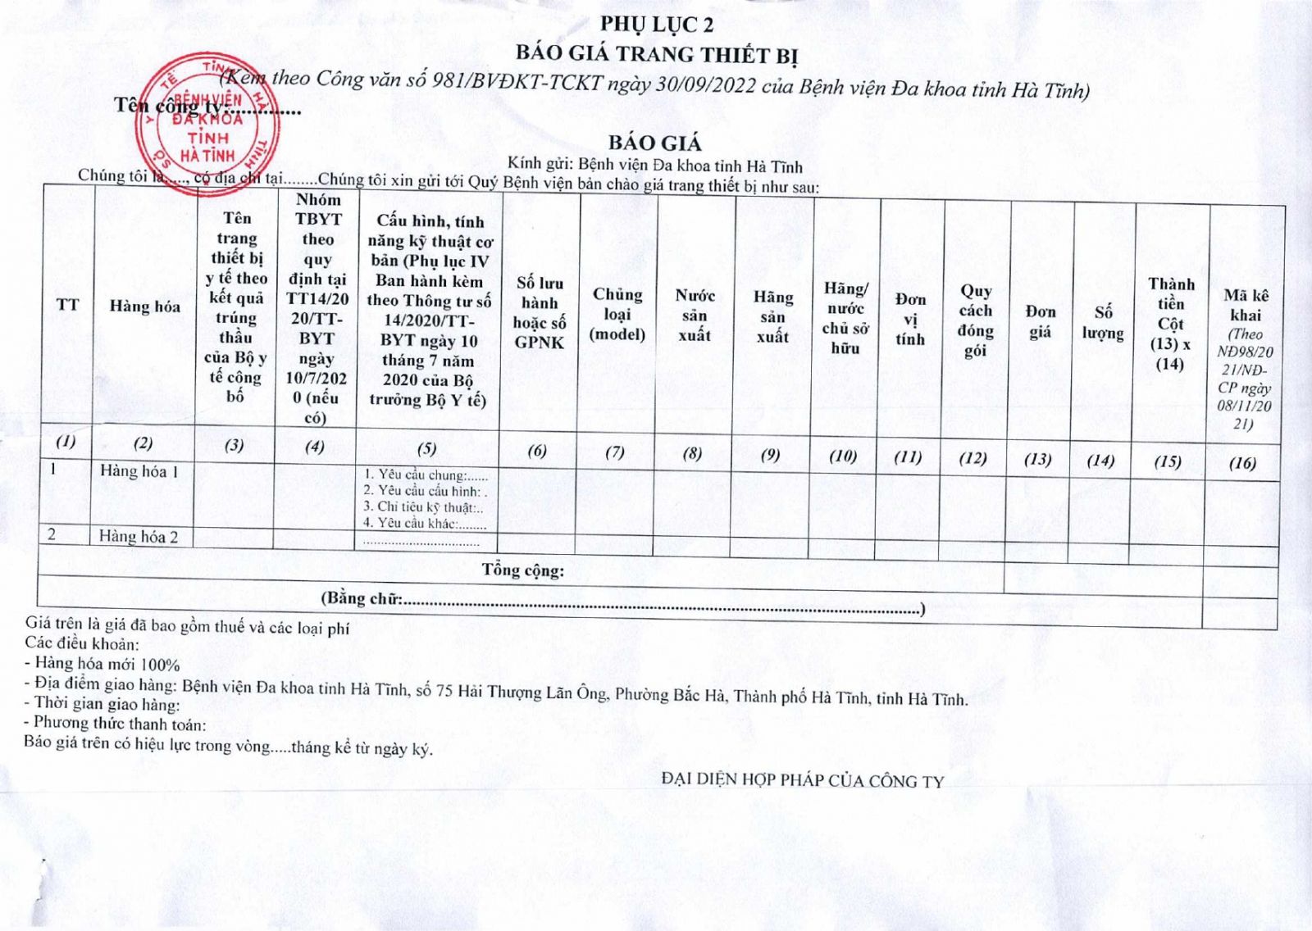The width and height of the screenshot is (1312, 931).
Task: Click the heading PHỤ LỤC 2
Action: coord(656,25)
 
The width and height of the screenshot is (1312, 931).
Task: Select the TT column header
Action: coord(68,306)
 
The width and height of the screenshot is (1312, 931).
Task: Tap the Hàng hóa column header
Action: coord(145,307)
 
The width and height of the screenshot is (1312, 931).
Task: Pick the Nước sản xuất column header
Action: coord(695,316)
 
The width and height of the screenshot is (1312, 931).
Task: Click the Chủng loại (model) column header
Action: coord(617,314)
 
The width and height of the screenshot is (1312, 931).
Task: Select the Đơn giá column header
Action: coord(1040,321)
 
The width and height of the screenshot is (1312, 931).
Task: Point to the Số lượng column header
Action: coord(1103,323)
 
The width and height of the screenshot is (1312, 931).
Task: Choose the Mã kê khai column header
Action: coord(1246,358)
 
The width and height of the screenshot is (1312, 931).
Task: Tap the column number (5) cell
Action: coord(426,448)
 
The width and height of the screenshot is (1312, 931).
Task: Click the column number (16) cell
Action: coord(1242,463)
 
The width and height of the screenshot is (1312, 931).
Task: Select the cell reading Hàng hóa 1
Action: coord(139,471)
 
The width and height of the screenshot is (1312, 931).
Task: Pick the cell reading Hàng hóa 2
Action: coord(139,537)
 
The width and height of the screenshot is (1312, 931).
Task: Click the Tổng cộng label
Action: coord(523,570)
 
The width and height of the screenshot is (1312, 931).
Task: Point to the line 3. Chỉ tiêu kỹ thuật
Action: coord(423,507)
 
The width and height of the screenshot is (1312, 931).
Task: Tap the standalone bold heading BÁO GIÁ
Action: coord(654,143)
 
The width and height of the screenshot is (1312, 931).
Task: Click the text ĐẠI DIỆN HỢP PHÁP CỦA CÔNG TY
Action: coord(803,780)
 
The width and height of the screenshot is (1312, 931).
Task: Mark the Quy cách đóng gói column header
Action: coord(976,320)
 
